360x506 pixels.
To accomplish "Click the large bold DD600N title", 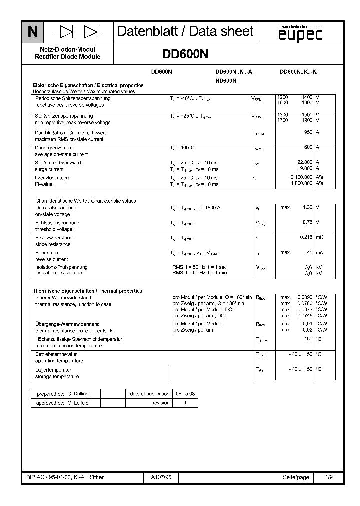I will (x=185, y=54).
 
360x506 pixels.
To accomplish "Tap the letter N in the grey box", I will (x=32, y=32).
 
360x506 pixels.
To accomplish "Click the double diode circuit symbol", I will (x=78, y=32).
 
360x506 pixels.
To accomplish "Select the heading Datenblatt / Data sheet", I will (x=185, y=32).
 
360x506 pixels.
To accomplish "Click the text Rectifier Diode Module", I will (x=68, y=57).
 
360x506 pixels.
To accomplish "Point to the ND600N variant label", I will (x=226, y=80).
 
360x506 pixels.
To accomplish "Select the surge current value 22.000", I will (x=304, y=162).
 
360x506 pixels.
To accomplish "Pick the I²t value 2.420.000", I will (x=301, y=177).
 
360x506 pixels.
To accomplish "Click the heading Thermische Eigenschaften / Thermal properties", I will (x=87, y=291).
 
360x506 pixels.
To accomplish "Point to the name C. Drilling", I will (x=77, y=393).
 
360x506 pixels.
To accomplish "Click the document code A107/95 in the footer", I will (x=161, y=477).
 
